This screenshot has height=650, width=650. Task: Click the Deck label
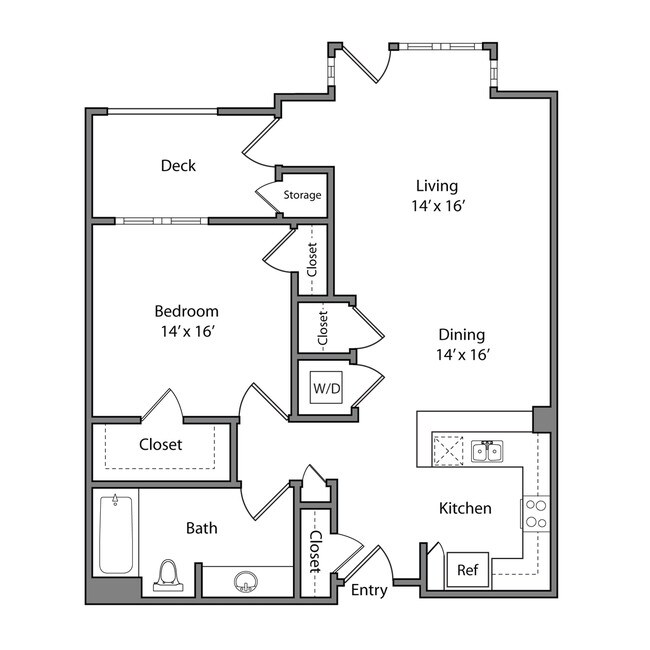(178, 166)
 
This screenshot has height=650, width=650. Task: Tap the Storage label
(302, 195)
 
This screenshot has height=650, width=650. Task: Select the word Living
(437, 185)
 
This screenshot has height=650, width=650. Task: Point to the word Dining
(460, 335)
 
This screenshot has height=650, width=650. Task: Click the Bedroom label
(186, 311)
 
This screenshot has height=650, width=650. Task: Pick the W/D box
(325, 386)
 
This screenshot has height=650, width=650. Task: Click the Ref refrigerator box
(467, 570)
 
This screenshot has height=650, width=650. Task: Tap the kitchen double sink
(487, 451)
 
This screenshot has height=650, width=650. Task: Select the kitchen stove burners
(535, 513)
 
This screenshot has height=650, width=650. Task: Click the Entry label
(369, 590)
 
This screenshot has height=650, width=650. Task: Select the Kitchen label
(465, 508)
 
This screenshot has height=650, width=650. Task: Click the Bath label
(201, 527)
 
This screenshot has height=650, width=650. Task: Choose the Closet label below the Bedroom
(160, 444)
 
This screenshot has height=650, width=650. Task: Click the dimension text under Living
(436, 205)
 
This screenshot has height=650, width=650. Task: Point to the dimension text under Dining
(460, 355)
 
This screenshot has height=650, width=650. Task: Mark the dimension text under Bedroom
(186, 331)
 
